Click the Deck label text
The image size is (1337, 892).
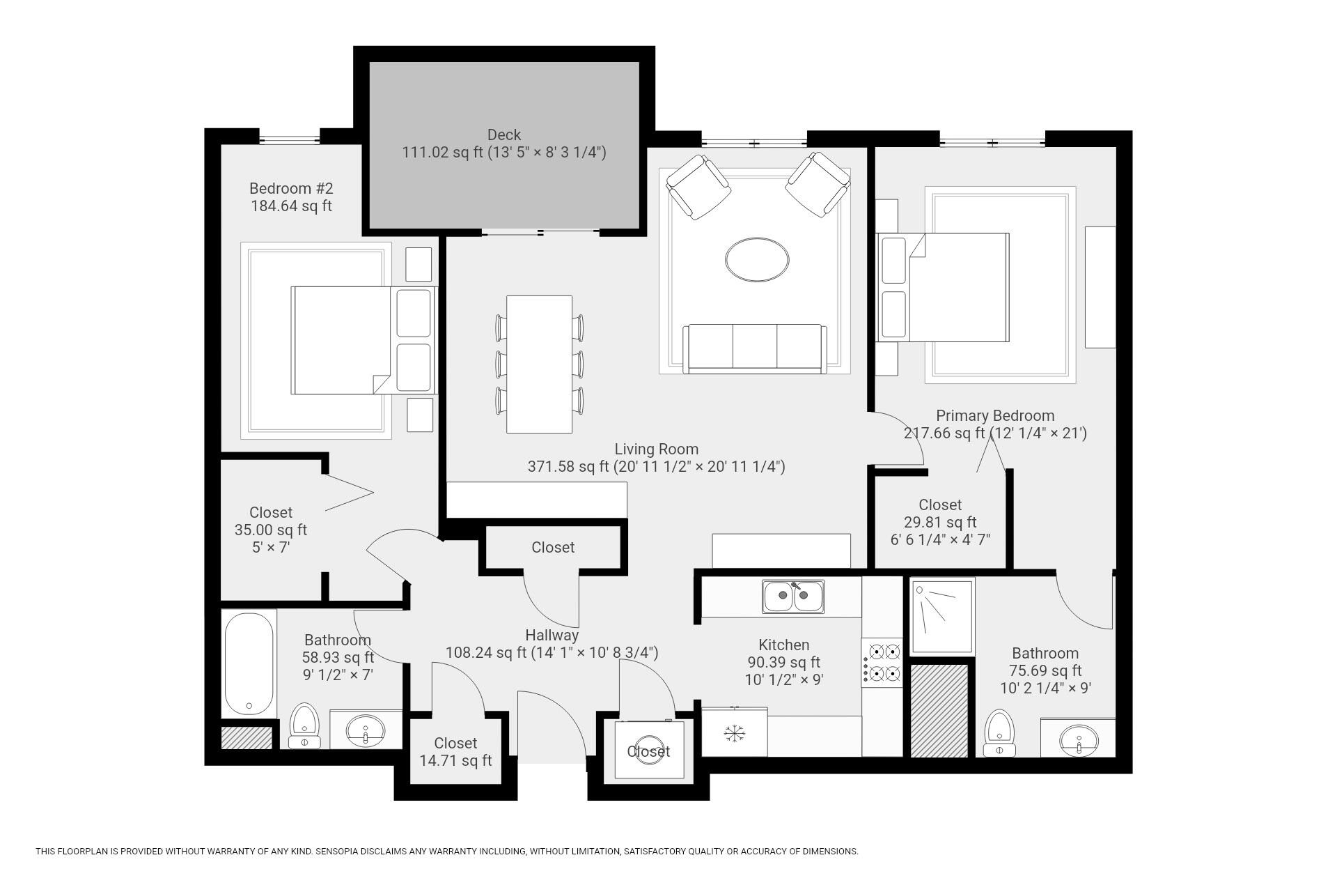[503, 135]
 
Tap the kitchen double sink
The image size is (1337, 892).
[792, 596]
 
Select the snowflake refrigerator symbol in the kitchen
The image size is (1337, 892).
[733, 732]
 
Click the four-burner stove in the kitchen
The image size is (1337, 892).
[882, 663]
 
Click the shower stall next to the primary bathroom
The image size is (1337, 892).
[941, 615]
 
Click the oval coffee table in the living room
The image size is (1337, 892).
[757, 260]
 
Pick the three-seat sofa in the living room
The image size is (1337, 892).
[755, 348]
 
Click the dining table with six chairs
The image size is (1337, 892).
[539, 364]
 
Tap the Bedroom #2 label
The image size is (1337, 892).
[291, 189]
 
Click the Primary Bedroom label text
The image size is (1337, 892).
[994, 416]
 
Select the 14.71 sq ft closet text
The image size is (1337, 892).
[455, 760]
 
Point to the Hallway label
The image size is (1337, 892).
[552, 636]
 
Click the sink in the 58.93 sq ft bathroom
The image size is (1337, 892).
[366, 731]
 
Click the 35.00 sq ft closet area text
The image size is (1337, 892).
[270, 530]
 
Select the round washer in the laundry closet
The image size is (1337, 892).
[649, 751]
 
